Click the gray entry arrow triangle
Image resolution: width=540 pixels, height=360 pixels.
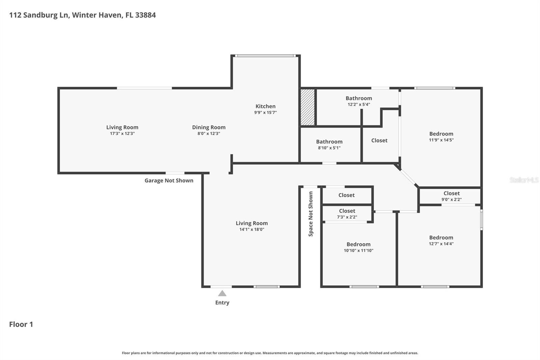coord(222,293)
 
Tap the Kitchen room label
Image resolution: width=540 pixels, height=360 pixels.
coord(265,106)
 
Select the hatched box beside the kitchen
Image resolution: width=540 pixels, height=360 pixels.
coord(307,107)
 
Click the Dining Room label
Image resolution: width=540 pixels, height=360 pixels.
coord(209,127)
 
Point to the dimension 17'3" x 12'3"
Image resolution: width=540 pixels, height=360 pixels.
coord(122,133)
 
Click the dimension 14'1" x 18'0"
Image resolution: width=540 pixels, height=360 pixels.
coord(252,229)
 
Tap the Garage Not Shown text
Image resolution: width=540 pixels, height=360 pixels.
coord(169,180)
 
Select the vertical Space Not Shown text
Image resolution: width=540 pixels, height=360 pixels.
coord(311,214)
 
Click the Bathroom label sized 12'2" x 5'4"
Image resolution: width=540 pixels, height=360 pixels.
coord(359,98)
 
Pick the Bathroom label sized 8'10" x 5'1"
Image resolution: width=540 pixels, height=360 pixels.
coord(329,142)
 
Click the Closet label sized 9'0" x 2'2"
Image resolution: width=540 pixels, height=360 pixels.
coord(452,193)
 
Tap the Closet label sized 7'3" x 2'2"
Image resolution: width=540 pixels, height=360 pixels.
coord(347,211)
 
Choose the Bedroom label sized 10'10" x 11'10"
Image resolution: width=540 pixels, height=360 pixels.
coord(358,244)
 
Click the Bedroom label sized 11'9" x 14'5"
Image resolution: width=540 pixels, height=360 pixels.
coord(441,134)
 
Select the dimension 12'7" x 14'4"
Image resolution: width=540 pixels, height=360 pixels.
coord(441,243)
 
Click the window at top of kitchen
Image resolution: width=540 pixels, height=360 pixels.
coord(266,56)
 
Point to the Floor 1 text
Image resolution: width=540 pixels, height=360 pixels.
coord(21,324)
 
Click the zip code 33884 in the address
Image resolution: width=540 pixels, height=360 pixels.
coord(145,15)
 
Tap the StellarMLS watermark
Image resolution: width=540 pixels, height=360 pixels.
coord(524,180)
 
